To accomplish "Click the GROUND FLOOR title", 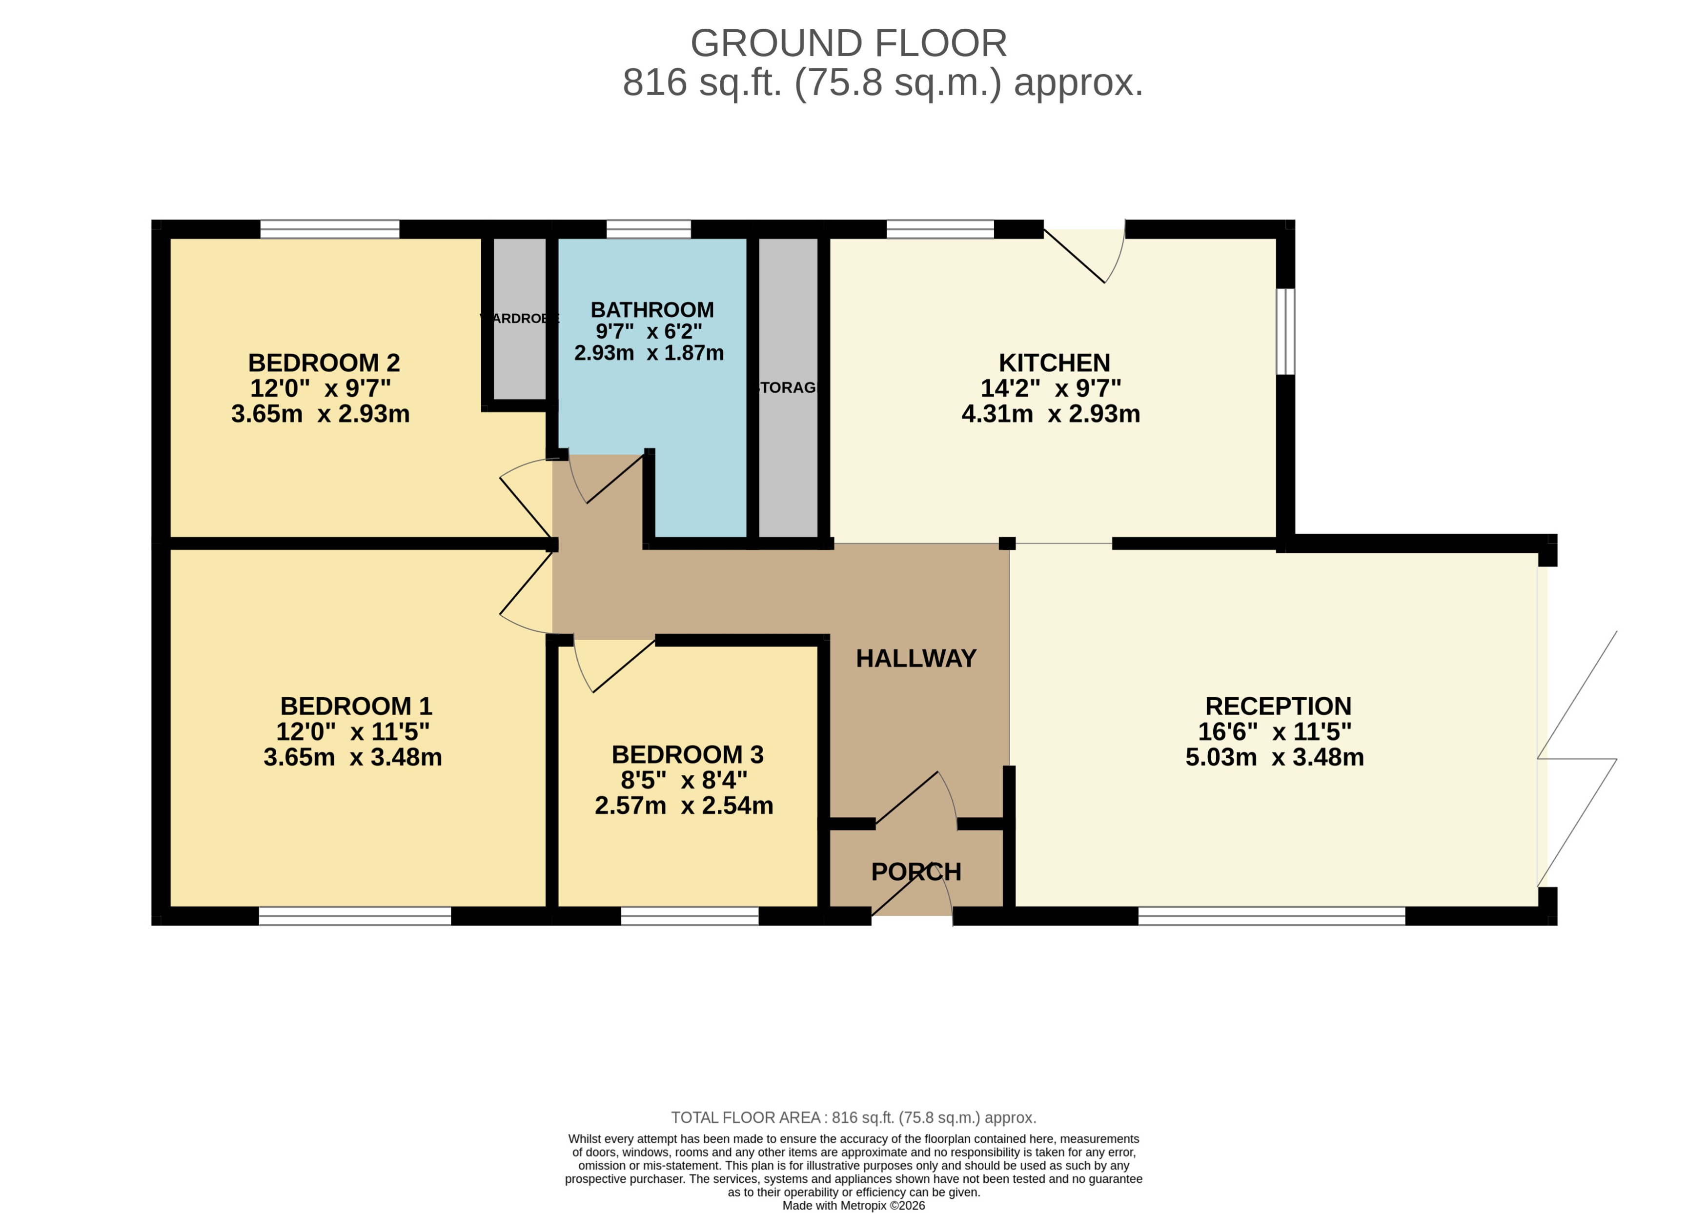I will click(849, 43).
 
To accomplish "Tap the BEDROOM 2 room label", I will click(324, 363).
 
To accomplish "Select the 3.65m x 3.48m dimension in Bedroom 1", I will click(352, 757).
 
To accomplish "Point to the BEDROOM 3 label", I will click(687, 754).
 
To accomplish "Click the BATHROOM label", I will click(652, 310).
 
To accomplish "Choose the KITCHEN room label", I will click(1054, 363).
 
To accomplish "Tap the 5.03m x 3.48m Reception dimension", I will click(1274, 757).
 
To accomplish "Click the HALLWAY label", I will click(915, 658).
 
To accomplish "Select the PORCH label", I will click(915, 871).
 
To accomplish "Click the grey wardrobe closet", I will click(519, 351).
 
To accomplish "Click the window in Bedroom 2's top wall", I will click(329, 228).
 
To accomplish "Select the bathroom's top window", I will click(648, 228).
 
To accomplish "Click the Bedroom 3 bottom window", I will click(690, 916).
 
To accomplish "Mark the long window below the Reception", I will click(1271, 916).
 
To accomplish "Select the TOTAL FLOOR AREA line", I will click(853, 1117).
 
